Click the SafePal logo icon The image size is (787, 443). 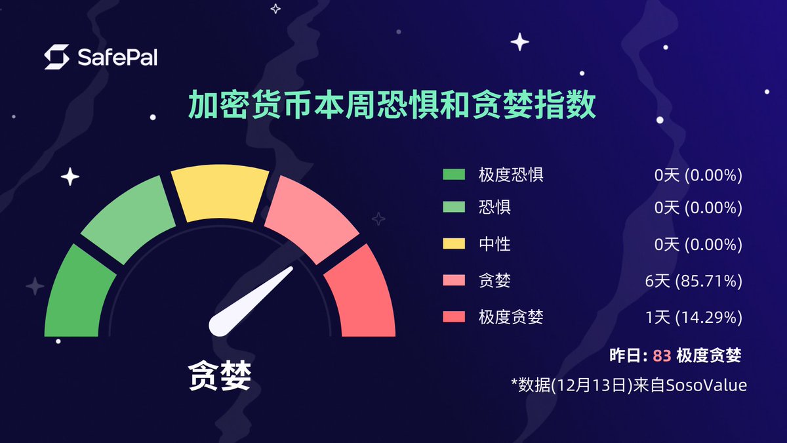tap(56, 57)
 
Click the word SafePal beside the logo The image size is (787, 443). tap(117, 58)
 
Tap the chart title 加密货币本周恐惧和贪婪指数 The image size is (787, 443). tap(393, 105)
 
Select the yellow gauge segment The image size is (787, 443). tap(220, 195)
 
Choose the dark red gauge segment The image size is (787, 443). tap(361, 295)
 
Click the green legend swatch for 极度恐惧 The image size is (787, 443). tap(454, 175)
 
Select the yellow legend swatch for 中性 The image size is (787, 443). tap(454, 245)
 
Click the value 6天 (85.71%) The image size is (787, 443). tap(693, 282)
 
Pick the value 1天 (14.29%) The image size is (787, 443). tap(693, 318)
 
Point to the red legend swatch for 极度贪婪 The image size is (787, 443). tap(454, 318)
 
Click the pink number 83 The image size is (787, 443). tap(662, 356)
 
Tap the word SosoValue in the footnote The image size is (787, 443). tap(706, 385)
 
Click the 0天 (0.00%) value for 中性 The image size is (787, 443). tap(698, 245)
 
